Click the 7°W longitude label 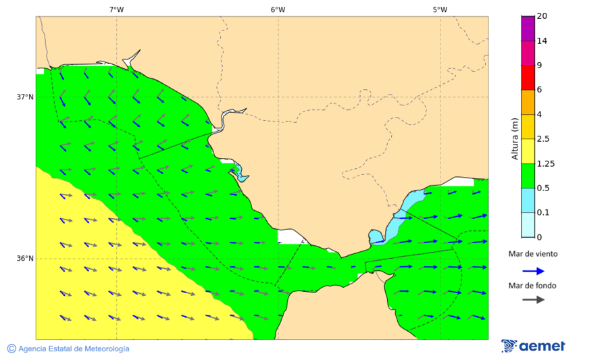(x=116, y=9)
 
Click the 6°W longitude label (x=278, y=9)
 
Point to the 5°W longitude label (x=440, y=9)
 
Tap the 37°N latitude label (x=25, y=97)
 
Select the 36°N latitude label (x=25, y=258)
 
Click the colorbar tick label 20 (x=541, y=16)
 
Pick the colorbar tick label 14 (x=541, y=41)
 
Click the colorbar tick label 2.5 (x=542, y=139)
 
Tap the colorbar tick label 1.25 (x=544, y=163)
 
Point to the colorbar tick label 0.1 (x=542, y=212)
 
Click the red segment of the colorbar (x=528, y=77)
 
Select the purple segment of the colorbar (x=528, y=28)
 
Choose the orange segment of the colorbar (x=528, y=102)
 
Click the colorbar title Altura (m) (x=515, y=139)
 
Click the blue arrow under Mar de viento (x=533, y=271)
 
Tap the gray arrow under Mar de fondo (x=533, y=299)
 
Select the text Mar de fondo (x=533, y=286)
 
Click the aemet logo (x=533, y=346)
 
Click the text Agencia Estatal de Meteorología (x=74, y=349)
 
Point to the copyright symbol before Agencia (x=11, y=349)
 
